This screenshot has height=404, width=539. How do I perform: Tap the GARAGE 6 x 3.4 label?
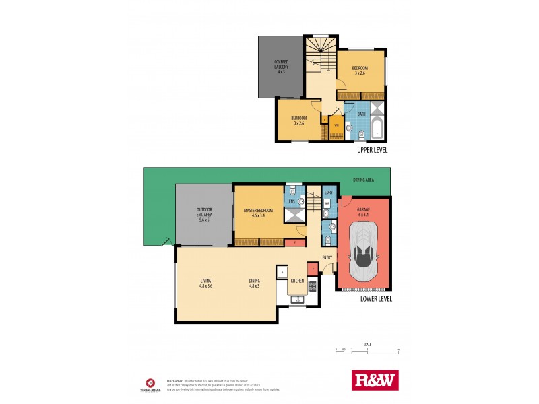coord(364,211)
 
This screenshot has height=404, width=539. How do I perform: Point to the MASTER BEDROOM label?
coord(258,213)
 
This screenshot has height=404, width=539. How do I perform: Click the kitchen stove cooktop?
coord(312,286)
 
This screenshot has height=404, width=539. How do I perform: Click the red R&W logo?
coord(376,380)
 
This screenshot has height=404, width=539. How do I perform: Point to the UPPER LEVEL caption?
coord(373,151)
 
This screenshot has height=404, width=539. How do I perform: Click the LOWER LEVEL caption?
coord(376,299)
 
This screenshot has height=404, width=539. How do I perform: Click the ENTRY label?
coord(327,257)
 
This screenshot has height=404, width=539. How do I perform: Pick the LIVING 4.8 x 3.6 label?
coord(206,283)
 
